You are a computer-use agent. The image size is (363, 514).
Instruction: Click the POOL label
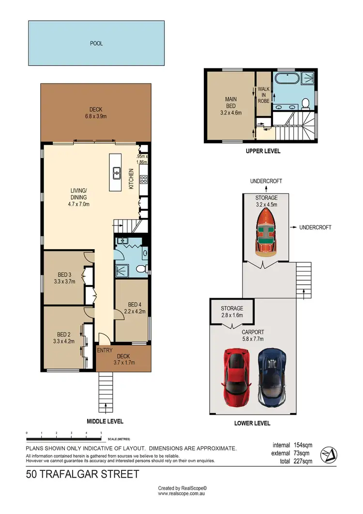click(96, 43)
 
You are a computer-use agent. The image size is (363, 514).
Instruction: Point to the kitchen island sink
click(117, 172)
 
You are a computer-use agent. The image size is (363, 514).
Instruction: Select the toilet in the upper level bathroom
click(305, 102)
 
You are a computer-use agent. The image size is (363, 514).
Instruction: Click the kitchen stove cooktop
click(143, 179)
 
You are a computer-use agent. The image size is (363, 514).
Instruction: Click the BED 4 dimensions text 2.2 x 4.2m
click(132, 312)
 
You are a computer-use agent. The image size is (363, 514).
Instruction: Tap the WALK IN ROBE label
click(263, 95)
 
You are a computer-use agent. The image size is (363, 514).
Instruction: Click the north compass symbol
click(330, 453)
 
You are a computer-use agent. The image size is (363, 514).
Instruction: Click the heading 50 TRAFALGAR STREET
click(82, 474)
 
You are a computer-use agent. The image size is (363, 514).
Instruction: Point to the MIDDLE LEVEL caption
click(105, 421)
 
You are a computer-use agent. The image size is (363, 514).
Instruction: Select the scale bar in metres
click(64, 435)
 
